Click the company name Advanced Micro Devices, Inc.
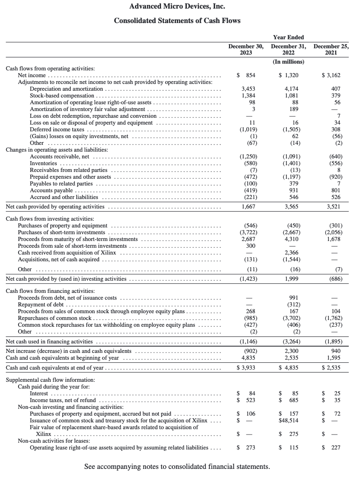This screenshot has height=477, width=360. [177, 6]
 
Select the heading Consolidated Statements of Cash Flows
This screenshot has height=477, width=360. [177, 21]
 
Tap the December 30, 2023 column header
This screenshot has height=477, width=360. [246, 49]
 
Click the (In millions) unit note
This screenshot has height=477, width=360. [289, 61]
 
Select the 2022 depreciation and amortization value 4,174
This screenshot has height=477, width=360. [289, 89]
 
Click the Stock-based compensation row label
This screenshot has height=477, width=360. [63, 96]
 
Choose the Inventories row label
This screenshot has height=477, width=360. [43, 163]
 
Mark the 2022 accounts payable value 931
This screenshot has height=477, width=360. [291, 190]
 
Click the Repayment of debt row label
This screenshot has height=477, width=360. [43, 305]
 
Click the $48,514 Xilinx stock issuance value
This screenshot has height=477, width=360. [289, 421]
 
